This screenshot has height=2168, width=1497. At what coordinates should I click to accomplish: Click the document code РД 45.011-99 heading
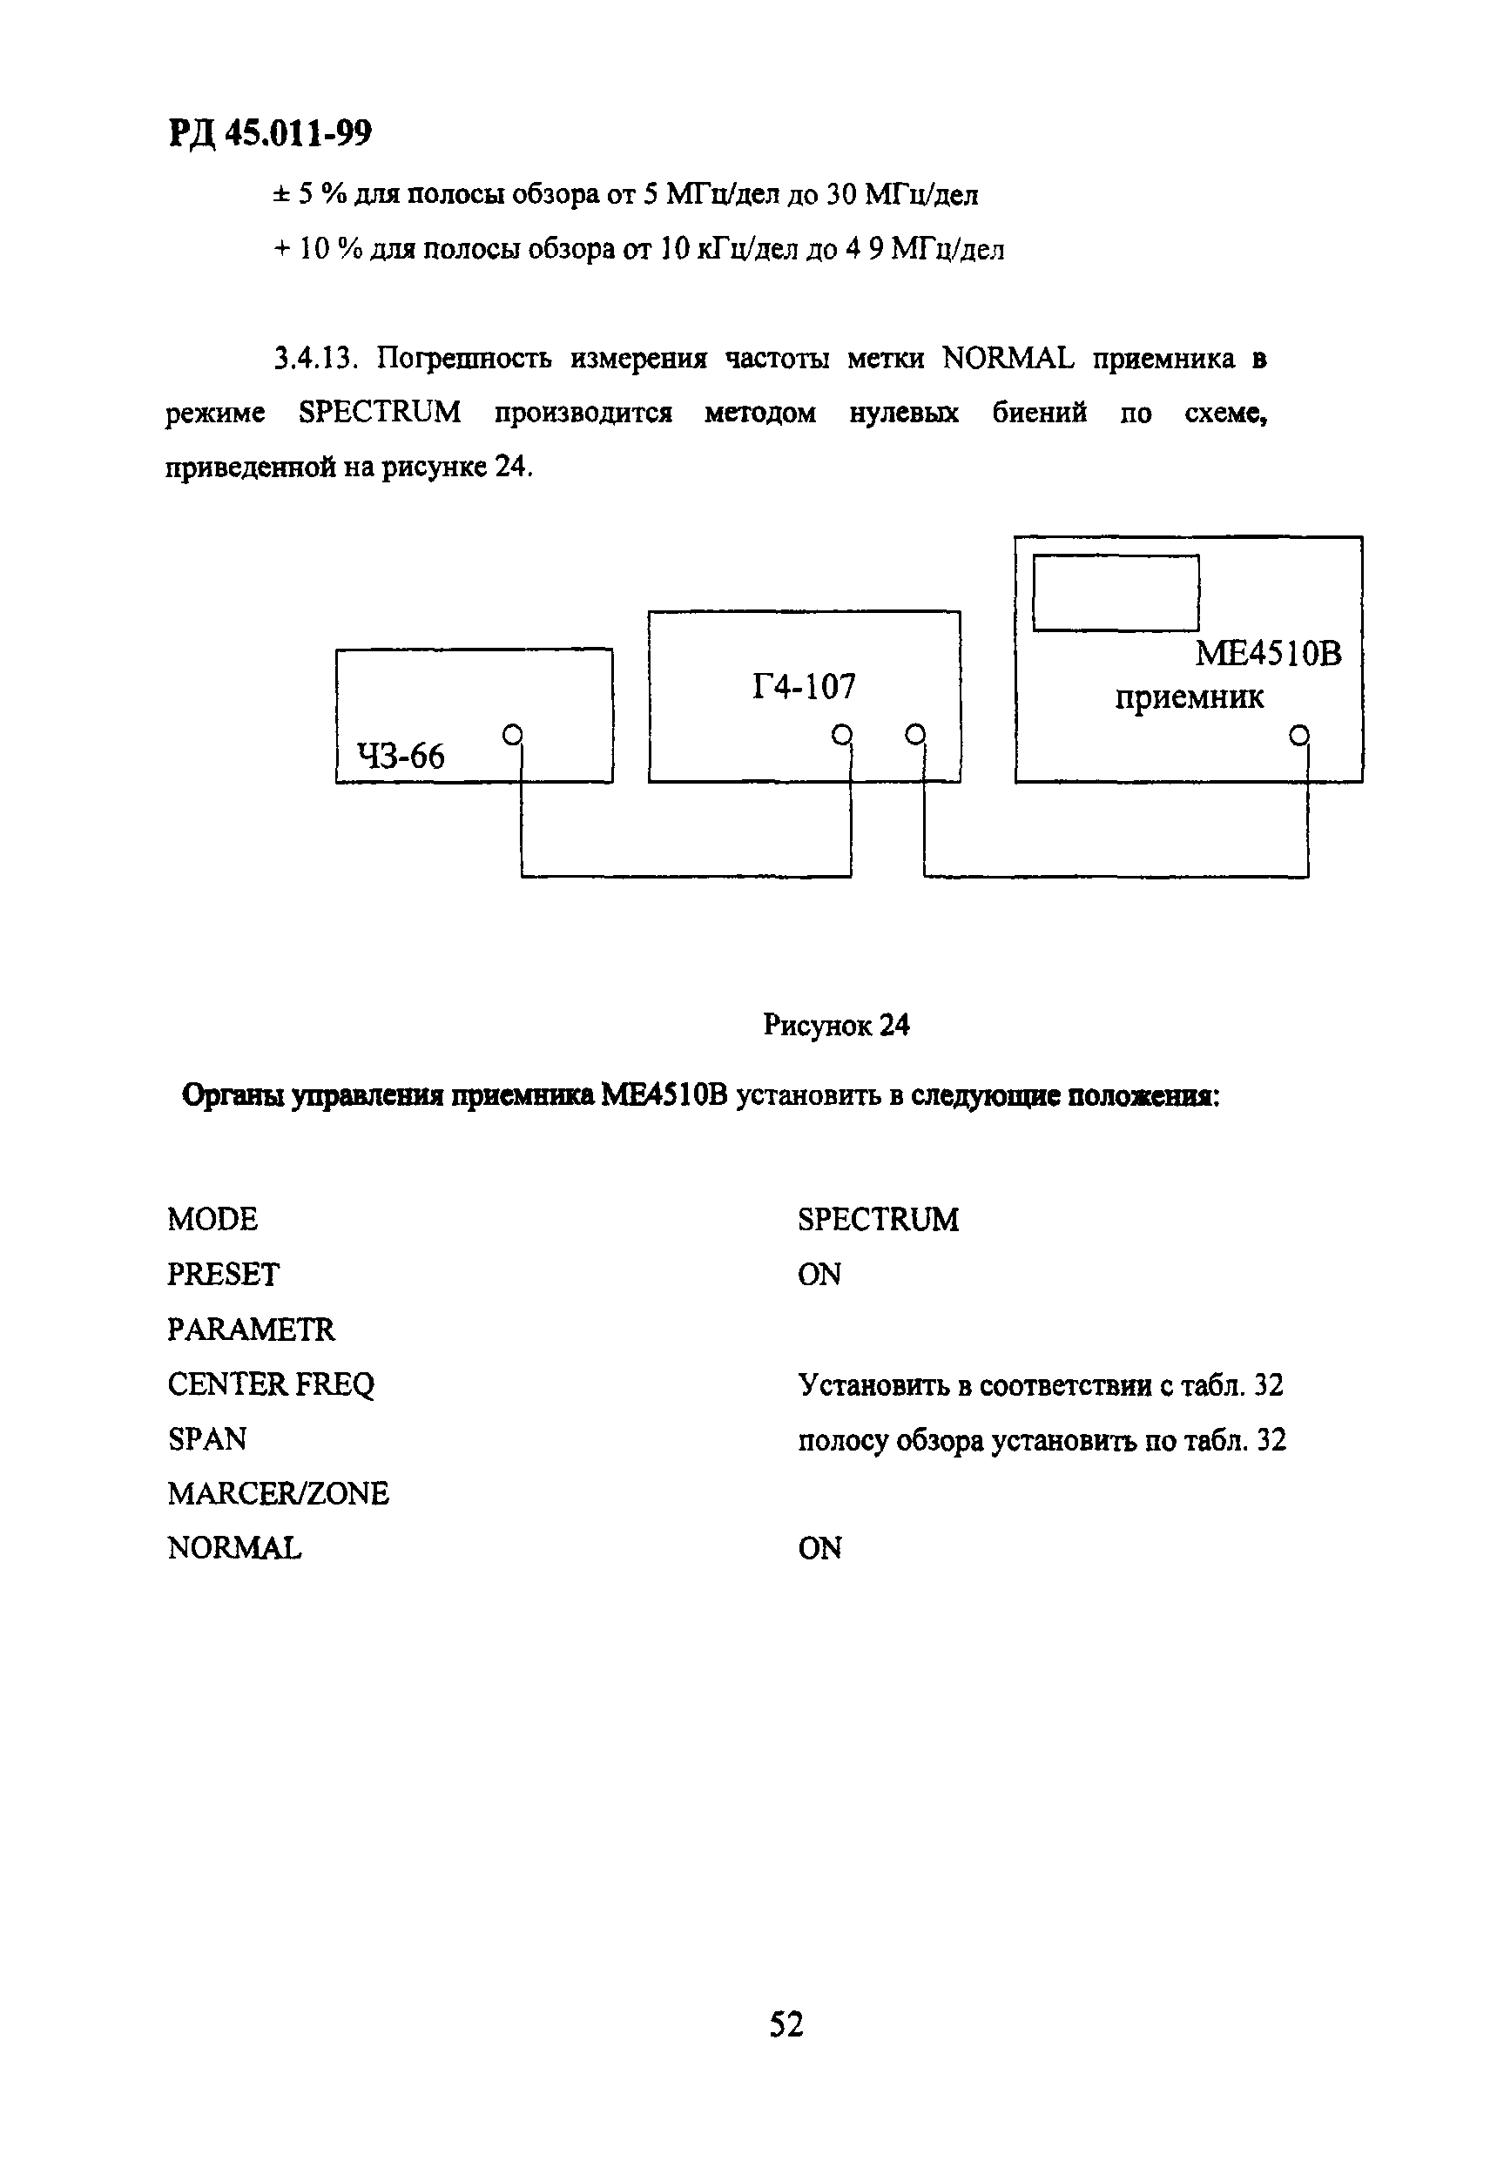point(270,134)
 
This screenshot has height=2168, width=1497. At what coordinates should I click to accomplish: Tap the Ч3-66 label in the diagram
point(401,756)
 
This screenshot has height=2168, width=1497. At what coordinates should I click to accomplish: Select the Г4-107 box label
point(804,687)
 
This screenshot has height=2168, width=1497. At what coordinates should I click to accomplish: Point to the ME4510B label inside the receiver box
point(1267,654)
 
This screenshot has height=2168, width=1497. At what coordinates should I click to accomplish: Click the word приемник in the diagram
point(1189,697)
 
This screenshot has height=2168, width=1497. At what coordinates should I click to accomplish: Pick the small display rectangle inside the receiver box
point(1116,593)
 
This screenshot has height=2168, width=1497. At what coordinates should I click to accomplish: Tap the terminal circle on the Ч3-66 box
point(512,734)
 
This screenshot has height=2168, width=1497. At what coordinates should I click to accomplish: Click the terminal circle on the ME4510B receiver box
point(1298,734)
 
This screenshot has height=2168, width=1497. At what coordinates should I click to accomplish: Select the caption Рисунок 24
point(836,1025)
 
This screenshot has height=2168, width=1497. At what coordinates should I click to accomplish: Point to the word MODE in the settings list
point(212,1219)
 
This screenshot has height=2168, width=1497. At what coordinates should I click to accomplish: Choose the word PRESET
point(223,1275)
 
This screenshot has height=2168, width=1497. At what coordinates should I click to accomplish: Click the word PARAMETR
point(251,1329)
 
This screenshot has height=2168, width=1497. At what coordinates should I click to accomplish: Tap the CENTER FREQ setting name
point(270,1384)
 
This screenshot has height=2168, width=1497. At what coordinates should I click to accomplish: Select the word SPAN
point(207,1438)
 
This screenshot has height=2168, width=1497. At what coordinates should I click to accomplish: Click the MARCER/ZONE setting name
point(278,1493)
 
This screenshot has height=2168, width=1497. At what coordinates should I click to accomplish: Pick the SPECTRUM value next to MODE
point(878,1219)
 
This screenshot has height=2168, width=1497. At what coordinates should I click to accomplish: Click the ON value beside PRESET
point(819,1275)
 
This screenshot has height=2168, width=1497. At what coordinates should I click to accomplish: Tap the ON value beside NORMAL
point(819,1548)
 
